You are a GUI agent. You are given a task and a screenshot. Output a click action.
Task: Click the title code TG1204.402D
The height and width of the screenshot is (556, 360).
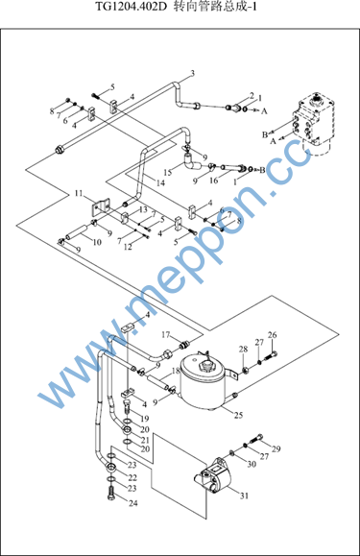point(132,7)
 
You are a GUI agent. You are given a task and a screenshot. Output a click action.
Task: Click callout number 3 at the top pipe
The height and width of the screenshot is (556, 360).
point(192,73)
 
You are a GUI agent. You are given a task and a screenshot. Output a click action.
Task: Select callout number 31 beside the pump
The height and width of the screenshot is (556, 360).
point(245,496)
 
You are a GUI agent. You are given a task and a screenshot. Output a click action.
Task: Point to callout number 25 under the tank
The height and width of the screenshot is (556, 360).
point(238,415)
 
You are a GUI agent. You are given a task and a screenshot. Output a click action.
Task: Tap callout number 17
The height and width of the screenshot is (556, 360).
point(166,334)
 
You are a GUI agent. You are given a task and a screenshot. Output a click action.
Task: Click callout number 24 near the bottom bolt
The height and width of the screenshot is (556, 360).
point(133,503)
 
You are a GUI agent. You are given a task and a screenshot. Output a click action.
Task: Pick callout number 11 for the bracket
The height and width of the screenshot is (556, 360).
point(79,194)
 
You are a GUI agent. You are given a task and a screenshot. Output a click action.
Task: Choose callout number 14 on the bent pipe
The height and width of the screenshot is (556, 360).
point(160,182)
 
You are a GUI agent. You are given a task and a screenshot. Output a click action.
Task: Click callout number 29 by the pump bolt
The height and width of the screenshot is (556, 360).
point(276,448)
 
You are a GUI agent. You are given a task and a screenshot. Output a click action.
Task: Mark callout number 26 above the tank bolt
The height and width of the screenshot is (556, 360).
point(272,335)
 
